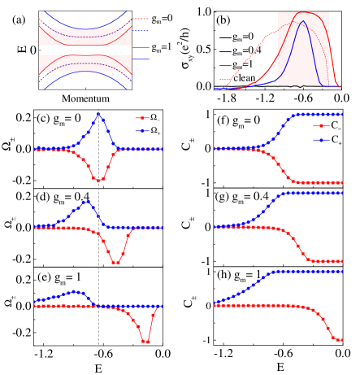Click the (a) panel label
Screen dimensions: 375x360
tap(19, 20)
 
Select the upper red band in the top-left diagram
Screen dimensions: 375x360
tap(85, 37)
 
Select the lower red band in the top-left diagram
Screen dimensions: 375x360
tap(85, 63)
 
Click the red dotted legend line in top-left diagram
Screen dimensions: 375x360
tap(141, 18)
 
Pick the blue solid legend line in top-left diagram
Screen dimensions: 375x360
tap(141, 59)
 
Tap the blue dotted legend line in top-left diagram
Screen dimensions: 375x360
tap(141, 31)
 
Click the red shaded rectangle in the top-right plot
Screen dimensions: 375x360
tap(303, 49)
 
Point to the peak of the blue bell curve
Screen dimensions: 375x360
tap(303, 22)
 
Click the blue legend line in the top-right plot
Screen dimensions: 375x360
tap(226, 52)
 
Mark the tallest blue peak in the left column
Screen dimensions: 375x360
tap(99, 114)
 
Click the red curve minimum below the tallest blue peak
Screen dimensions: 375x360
tap(99, 180)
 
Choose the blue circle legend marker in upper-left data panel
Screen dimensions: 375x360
tap(144, 130)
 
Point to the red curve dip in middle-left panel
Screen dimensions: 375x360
tap(116, 262)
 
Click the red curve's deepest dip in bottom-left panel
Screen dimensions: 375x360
tap(145, 342)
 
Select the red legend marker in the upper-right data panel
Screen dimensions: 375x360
tap(322, 126)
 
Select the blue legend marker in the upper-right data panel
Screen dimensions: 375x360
tap(322, 139)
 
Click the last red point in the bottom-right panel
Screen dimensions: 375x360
tap(340, 339)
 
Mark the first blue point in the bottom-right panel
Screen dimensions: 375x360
tap(215, 303)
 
